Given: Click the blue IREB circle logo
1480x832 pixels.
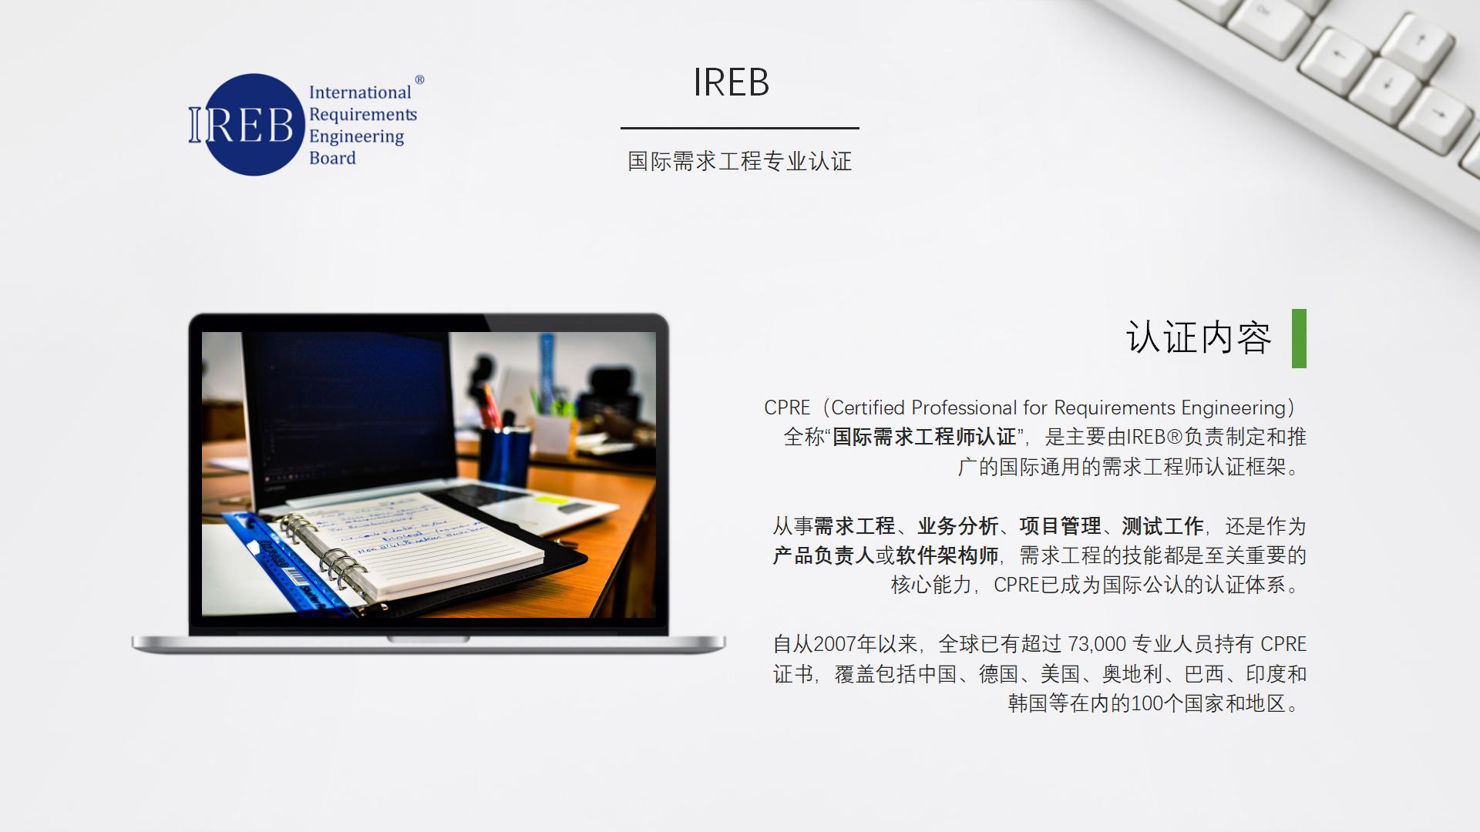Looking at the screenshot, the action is pos(254,125).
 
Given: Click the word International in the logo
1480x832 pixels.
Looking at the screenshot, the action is pos(360,92).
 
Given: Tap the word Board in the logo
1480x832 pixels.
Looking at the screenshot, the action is pos(332,158).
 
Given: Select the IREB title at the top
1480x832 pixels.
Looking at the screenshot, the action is pos(731,82).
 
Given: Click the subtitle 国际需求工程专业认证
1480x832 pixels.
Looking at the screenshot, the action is pos(740,161).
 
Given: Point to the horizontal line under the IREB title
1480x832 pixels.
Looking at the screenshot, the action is pos(740,128).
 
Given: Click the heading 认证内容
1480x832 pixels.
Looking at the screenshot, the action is pos(1199,338).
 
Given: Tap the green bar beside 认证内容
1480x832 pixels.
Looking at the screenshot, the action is pos(1299,338).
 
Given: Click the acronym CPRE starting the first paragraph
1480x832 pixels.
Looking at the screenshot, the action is pos(787,408).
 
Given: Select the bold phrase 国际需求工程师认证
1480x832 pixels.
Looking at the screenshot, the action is pos(924,437).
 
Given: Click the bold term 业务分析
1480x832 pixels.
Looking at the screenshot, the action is pos(958,526).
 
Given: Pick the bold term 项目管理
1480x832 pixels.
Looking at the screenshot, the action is pos(1060,526).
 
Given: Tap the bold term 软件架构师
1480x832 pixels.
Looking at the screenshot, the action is pos(947,555).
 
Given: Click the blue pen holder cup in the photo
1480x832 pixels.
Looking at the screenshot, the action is pos(504,456).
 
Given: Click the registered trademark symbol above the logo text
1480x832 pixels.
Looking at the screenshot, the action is pos(419,79).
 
